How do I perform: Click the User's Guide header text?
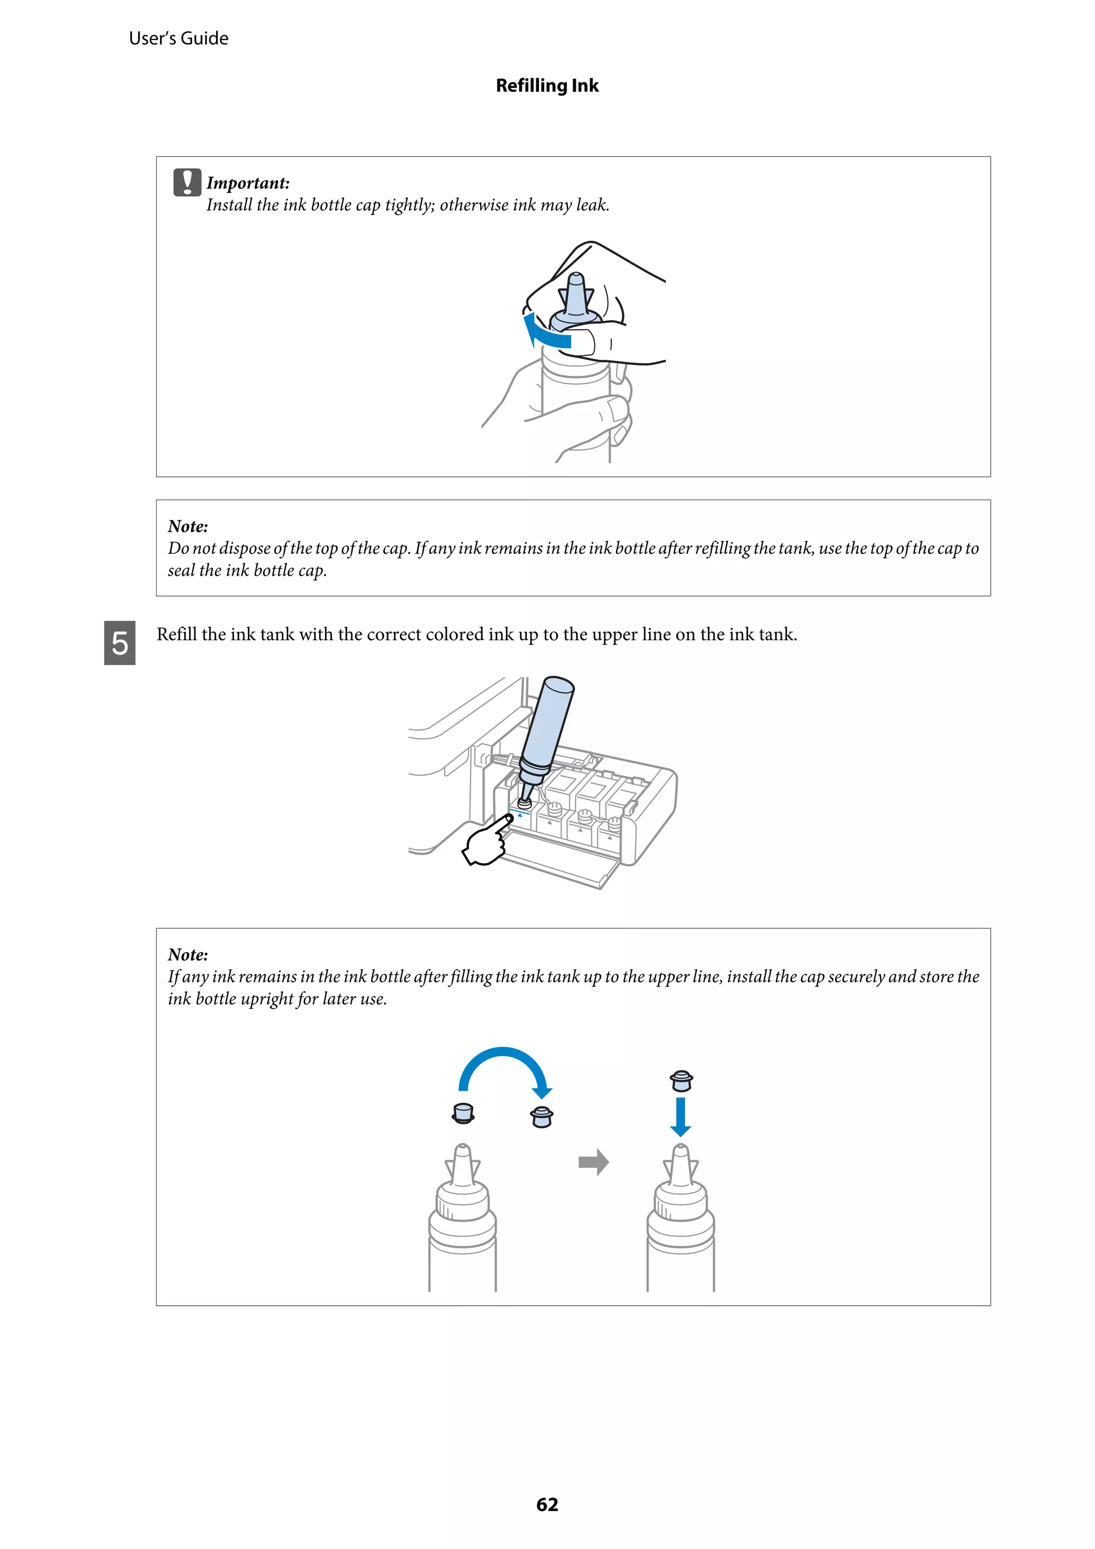178,38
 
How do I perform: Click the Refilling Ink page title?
546,86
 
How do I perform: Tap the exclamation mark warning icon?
187,182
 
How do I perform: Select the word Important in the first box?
247,183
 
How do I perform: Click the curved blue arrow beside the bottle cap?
545,332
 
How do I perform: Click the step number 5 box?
119,643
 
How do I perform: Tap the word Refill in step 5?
177,634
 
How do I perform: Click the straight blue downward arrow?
680,1116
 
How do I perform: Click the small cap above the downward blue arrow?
681,1081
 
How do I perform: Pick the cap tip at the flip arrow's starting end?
463,1113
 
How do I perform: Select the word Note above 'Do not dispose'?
188,526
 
